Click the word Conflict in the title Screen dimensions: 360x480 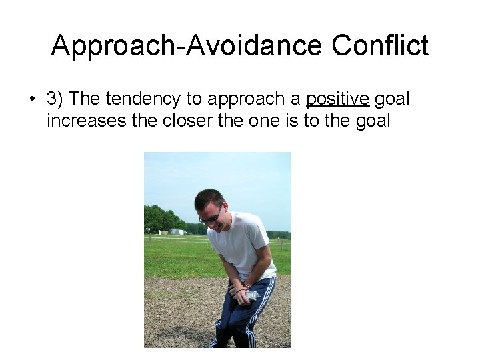click(380, 46)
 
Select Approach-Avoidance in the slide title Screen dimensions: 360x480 click(187, 46)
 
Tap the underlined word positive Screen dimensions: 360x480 click(337, 99)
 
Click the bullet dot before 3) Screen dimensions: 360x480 click(31, 100)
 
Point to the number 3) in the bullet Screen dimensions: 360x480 click(55, 99)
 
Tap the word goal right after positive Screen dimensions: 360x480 click(392, 99)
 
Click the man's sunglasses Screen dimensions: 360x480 click(211, 216)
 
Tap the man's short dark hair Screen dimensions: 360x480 click(209, 198)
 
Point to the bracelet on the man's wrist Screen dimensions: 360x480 click(237, 290)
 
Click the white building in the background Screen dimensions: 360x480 click(176, 231)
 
